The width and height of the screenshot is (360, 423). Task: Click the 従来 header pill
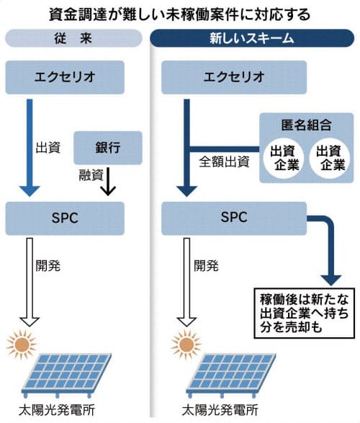click(x=73, y=38)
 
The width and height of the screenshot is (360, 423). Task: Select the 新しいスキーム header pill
click(x=252, y=38)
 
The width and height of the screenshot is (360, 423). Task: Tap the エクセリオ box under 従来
click(x=65, y=77)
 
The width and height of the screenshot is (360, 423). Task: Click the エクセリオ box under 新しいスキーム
click(x=234, y=77)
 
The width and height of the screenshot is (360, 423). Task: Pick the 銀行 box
click(x=108, y=148)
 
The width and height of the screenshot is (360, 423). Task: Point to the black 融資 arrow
click(x=108, y=182)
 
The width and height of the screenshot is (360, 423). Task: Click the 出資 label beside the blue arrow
click(x=48, y=148)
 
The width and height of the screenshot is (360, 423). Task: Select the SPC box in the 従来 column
click(x=65, y=218)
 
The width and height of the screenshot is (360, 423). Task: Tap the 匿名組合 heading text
click(x=307, y=125)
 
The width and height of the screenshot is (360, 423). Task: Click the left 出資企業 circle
click(x=283, y=159)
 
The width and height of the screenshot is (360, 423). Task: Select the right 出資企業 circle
click(x=329, y=159)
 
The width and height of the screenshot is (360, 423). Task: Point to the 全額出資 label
click(x=224, y=162)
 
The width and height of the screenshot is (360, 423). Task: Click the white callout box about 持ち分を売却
click(x=305, y=313)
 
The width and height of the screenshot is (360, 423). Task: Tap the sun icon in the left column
click(x=22, y=344)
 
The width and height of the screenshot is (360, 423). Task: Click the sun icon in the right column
click(x=186, y=344)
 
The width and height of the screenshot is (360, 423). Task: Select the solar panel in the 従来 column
click(x=67, y=375)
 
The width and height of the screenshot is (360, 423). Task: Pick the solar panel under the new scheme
click(x=231, y=375)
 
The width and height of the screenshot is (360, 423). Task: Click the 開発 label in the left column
click(x=48, y=266)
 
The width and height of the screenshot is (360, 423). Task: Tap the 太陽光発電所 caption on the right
click(x=220, y=410)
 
